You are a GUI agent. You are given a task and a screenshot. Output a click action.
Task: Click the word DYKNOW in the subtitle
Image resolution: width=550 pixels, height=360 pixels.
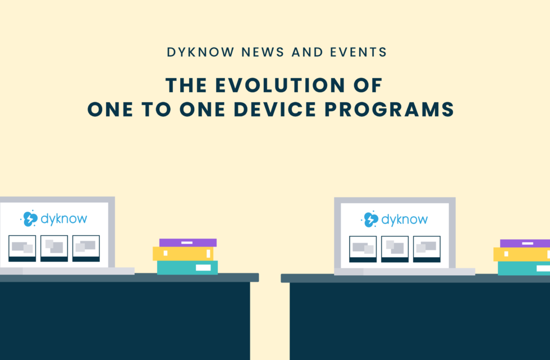coord(192,53)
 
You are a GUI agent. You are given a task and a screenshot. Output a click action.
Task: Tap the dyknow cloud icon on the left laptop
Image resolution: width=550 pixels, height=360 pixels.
coord(29,218)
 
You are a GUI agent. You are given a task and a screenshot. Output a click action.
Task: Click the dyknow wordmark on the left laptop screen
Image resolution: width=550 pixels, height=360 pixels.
coord(63,219)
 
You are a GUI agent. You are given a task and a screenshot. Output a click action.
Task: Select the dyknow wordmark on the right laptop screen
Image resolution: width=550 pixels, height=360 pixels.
coord(404,220)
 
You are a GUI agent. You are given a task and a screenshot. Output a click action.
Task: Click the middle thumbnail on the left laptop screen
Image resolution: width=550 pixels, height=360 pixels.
coord(54,248)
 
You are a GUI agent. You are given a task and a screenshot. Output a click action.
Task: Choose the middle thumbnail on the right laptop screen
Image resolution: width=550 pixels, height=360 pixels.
coord(395,249)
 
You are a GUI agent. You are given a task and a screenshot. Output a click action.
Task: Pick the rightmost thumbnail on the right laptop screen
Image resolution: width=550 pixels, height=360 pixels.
coord(427,249)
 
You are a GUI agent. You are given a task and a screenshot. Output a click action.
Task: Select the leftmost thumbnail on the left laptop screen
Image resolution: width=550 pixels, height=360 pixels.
coord(22,248)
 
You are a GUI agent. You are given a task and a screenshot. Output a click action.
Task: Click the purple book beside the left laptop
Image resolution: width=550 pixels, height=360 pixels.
coord(188,243)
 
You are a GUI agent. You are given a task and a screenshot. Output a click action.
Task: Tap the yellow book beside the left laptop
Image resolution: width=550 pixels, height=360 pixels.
coord(184,254)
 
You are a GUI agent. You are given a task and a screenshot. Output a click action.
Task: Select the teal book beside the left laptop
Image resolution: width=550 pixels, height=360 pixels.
coord(187,267)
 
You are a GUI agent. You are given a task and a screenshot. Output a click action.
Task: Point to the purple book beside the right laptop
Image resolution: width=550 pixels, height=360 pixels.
coord(525,243)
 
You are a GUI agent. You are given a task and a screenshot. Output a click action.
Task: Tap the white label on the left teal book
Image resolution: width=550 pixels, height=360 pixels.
coord(203,267)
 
